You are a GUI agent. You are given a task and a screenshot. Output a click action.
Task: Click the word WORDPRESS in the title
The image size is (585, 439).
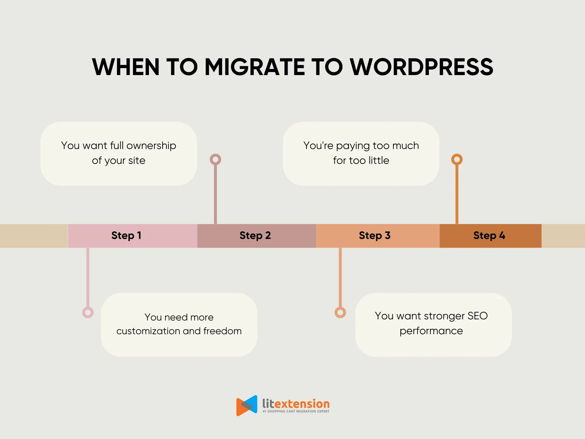421,67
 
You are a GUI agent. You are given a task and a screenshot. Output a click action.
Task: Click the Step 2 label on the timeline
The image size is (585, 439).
255,236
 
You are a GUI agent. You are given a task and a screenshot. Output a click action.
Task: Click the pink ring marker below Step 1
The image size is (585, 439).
88,312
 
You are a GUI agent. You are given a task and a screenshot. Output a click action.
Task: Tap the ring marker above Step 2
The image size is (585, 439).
216,159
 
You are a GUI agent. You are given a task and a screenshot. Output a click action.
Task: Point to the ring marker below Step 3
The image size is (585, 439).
340,312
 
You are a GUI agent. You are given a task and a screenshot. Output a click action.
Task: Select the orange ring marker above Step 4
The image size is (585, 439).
457,159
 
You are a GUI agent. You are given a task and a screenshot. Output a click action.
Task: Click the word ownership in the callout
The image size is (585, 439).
151,146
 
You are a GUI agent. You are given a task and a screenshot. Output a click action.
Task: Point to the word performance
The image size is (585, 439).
431,331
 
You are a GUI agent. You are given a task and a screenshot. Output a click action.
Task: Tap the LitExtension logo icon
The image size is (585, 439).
247,405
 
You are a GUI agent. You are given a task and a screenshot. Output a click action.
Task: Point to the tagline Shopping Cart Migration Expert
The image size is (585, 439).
296,412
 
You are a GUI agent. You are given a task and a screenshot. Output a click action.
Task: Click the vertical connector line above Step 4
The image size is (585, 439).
457,194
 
